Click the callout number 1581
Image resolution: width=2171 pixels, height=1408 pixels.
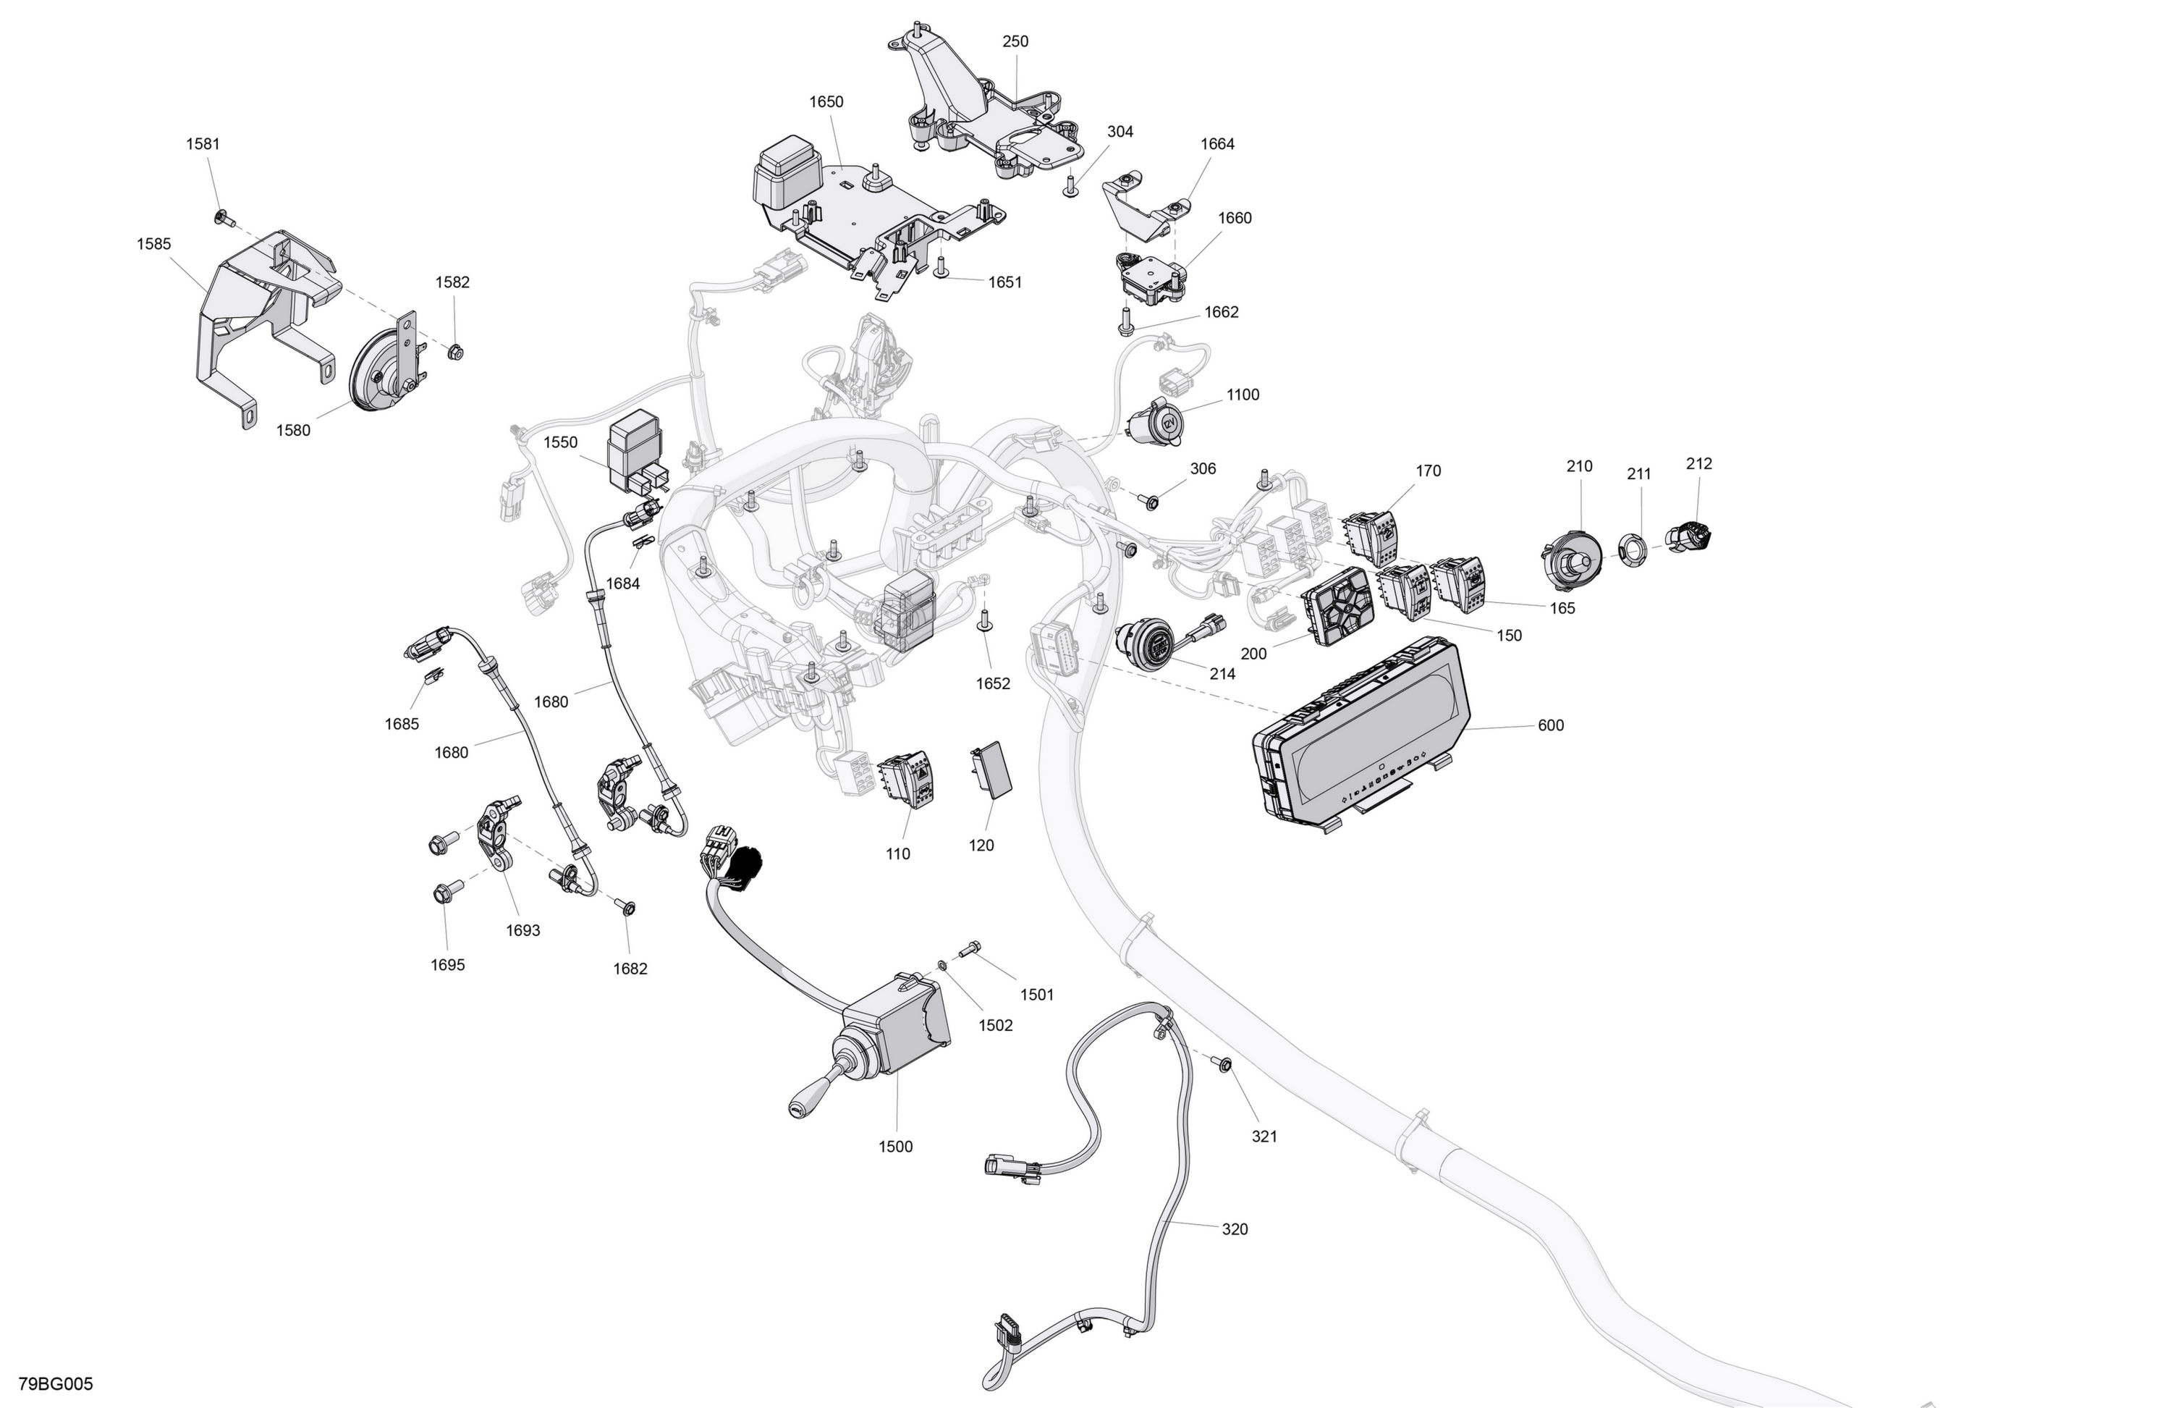click(x=203, y=144)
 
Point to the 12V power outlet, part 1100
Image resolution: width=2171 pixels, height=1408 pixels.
click(x=1155, y=423)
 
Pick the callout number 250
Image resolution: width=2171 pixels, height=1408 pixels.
click(x=1015, y=42)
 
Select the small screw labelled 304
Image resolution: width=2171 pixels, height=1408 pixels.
click(x=1071, y=186)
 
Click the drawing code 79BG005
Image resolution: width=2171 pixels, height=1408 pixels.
click(x=56, y=1384)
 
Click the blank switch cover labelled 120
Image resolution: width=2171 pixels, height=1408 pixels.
click(x=991, y=770)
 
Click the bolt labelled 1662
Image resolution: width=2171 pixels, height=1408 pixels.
click(x=1125, y=321)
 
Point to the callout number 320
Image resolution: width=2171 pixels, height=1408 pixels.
click(x=1235, y=1229)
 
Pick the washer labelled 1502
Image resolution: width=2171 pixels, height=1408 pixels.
click(x=942, y=964)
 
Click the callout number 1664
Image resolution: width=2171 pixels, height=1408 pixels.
click(x=1218, y=144)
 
